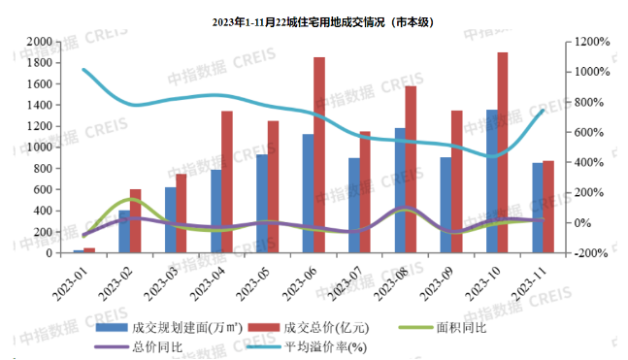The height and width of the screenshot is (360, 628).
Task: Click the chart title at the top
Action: (x=323, y=22)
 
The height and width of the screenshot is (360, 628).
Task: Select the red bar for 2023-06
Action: (x=319, y=155)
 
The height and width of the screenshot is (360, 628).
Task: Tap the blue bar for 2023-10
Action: (x=492, y=181)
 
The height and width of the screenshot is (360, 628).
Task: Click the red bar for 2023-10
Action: (x=503, y=152)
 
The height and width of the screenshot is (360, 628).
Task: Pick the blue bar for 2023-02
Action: (x=124, y=232)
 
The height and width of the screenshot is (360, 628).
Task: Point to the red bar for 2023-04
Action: (x=227, y=181)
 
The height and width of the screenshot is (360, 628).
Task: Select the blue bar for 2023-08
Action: (x=400, y=190)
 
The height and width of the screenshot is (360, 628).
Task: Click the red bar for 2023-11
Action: (x=548, y=207)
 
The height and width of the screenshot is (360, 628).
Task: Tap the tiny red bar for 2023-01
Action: (x=89, y=250)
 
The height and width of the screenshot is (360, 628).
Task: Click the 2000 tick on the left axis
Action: (x=39, y=42)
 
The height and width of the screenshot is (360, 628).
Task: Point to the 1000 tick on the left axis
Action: (x=39, y=147)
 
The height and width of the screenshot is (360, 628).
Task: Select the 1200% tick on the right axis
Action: (x=593, y=42)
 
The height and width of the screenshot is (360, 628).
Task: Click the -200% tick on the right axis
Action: (x=591, y=253)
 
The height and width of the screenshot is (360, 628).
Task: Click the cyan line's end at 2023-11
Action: (x=544, y=111)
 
